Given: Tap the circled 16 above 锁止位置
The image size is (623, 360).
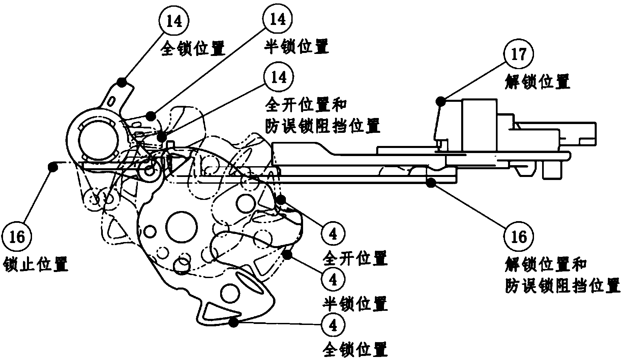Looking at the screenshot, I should (17, 237).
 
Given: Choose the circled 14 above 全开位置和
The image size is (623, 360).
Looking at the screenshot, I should (279, 77).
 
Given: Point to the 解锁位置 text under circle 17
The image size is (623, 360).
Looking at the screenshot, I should (537, 82).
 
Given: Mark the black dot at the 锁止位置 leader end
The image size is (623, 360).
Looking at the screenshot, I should (52, 166).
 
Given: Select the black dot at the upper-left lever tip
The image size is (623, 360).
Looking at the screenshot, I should (121, 81).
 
